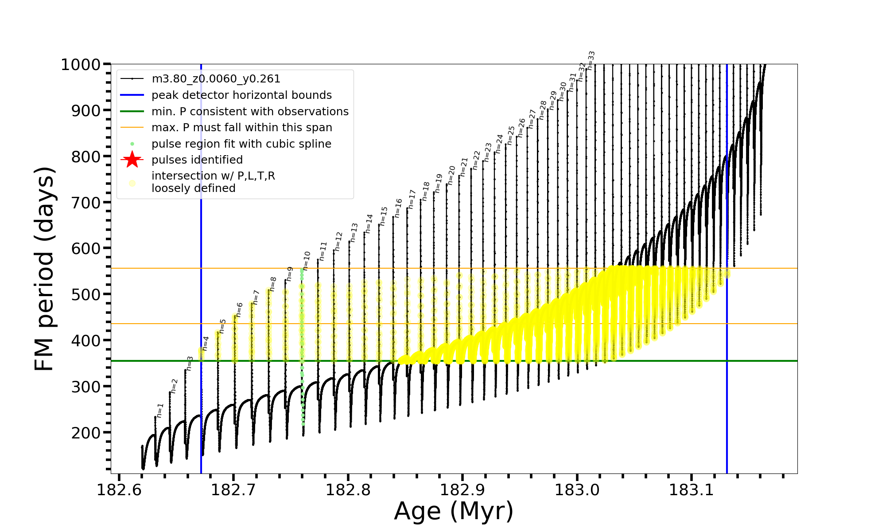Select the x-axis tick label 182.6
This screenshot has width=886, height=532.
coord(119,490)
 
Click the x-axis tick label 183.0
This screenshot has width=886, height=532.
coord(577,490)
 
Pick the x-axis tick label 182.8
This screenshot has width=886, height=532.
coord(348,490)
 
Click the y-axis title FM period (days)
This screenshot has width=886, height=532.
coord(45,269)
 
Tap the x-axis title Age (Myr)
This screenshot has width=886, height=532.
coord(454,511)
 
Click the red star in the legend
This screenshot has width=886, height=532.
coord(132,160)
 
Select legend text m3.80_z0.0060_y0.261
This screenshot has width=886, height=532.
coord(216,79)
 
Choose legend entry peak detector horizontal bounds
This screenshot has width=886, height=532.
coord(241,95)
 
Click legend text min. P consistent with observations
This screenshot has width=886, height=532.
coord(250,112)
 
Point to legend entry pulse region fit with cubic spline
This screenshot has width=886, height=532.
coord(241,144)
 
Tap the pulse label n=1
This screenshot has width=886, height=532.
coord(160,410)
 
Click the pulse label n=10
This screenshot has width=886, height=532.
coord(307,261)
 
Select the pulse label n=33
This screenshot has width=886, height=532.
coord(591,60)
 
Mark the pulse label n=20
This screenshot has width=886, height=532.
coord(451,176)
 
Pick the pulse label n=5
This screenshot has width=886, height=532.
coord(222,326)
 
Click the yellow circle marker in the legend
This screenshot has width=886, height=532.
coord(132,183)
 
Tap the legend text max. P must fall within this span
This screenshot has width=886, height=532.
coord(241,128)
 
